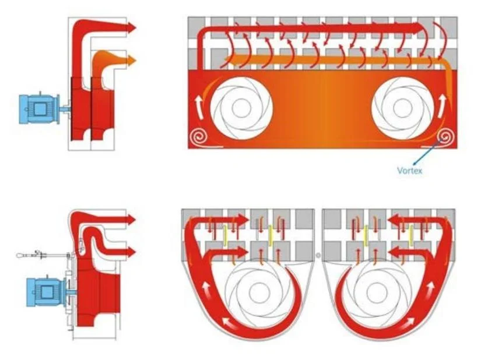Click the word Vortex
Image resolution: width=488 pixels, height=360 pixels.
409,170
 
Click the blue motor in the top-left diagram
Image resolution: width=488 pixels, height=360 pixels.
39,108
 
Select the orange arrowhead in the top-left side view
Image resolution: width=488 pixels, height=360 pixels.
132,60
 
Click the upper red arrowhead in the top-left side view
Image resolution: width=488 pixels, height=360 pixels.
132,27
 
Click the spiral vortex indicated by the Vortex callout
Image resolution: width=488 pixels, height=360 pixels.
445,137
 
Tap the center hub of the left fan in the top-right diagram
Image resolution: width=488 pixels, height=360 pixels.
241,108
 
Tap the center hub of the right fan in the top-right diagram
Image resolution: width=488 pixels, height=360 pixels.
403,108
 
